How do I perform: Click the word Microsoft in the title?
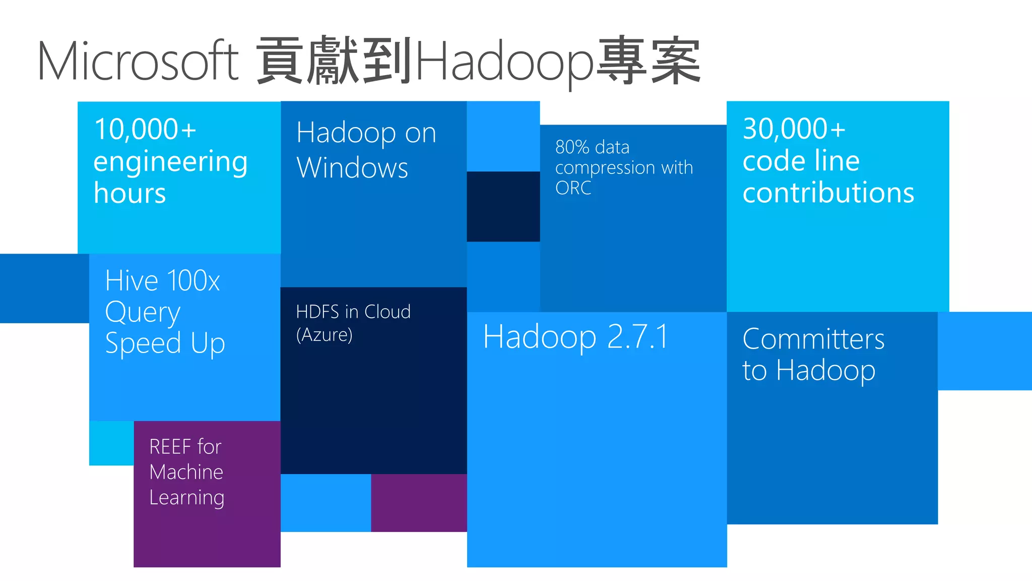tap(138, 62)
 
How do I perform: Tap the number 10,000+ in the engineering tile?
tap(145, 129)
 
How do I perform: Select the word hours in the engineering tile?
tap(130, 193)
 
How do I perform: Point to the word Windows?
tap(352, 167)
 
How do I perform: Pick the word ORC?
tap(573, 188)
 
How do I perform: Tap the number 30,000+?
tap(794, 129)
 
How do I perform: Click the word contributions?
tap(828, 193)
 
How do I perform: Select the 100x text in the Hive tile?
tap(193, 280)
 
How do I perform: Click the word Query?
tap(143, 313)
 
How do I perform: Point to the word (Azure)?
tap(324, 335)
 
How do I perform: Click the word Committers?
tap(813, 338)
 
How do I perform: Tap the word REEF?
tap(170, 447)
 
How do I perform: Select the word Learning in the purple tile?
tap(186, 498)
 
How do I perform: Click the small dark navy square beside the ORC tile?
tap(503, 206)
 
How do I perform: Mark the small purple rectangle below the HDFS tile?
tap(419, 503)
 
